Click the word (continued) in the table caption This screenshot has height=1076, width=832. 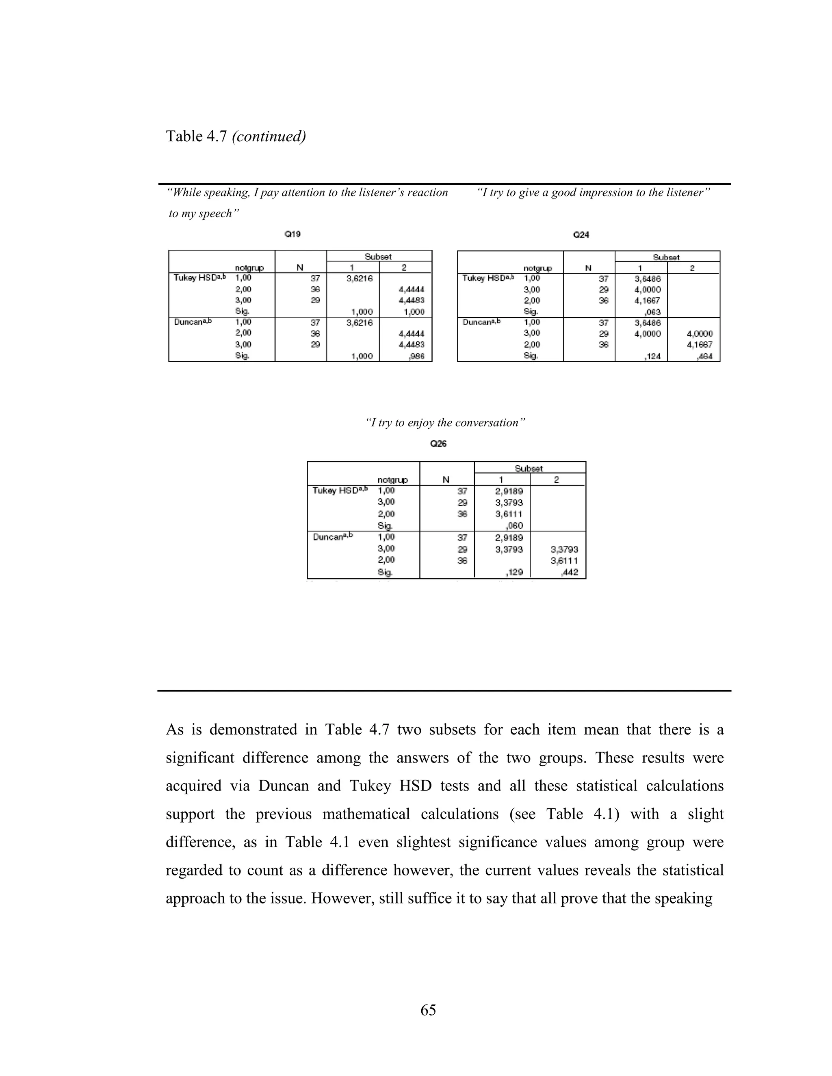[269, 136]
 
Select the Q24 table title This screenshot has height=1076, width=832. [581, 235]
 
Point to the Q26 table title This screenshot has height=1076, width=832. [438, 443]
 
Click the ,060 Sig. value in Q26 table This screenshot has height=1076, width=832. [514, 525]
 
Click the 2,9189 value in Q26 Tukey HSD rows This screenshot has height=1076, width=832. [509, 491]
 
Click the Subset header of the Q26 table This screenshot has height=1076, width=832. [529, 468]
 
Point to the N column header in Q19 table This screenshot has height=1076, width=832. [300, 268]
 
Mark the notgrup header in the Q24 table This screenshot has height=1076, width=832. [538, 268]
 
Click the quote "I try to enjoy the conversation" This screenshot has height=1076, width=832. [446, 423]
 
